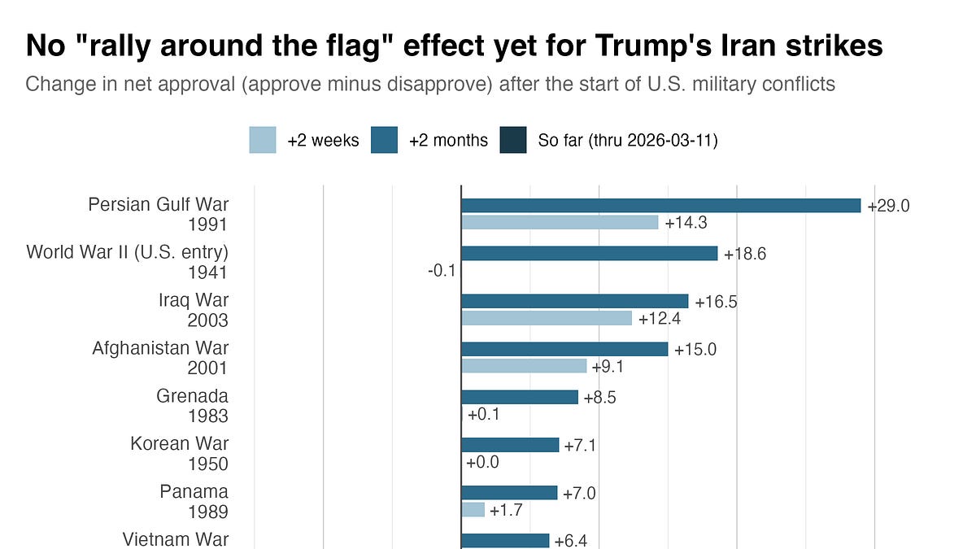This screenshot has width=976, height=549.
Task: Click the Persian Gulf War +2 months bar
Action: click(x=660, y=206)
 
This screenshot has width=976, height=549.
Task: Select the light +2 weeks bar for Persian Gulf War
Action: click(x=560, y=222)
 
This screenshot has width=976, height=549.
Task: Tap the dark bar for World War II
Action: click(x=589, y=254)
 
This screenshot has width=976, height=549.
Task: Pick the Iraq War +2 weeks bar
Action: click(x=547, y=317)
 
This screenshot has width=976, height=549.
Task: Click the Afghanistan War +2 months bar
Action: click(x=564, y=349)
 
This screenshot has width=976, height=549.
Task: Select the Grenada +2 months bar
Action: click(x=520, y=397)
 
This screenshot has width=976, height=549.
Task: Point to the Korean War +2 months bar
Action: click(x=510, y=445)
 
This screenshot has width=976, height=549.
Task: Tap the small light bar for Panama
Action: click(x=473, y=509)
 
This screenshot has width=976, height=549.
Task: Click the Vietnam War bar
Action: click(x=505, y=541)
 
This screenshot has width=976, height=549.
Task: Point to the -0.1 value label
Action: click(x=442, y=270)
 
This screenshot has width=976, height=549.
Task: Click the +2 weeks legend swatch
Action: click(x=263, y=140)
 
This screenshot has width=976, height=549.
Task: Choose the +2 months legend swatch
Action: click(x=384, y=140)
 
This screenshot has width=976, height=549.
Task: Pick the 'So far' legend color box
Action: click(x=513, y=140)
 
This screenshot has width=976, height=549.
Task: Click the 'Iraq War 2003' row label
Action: click(x=194, y=310)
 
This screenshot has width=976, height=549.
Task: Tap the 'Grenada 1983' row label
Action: click(x=193, y=406)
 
